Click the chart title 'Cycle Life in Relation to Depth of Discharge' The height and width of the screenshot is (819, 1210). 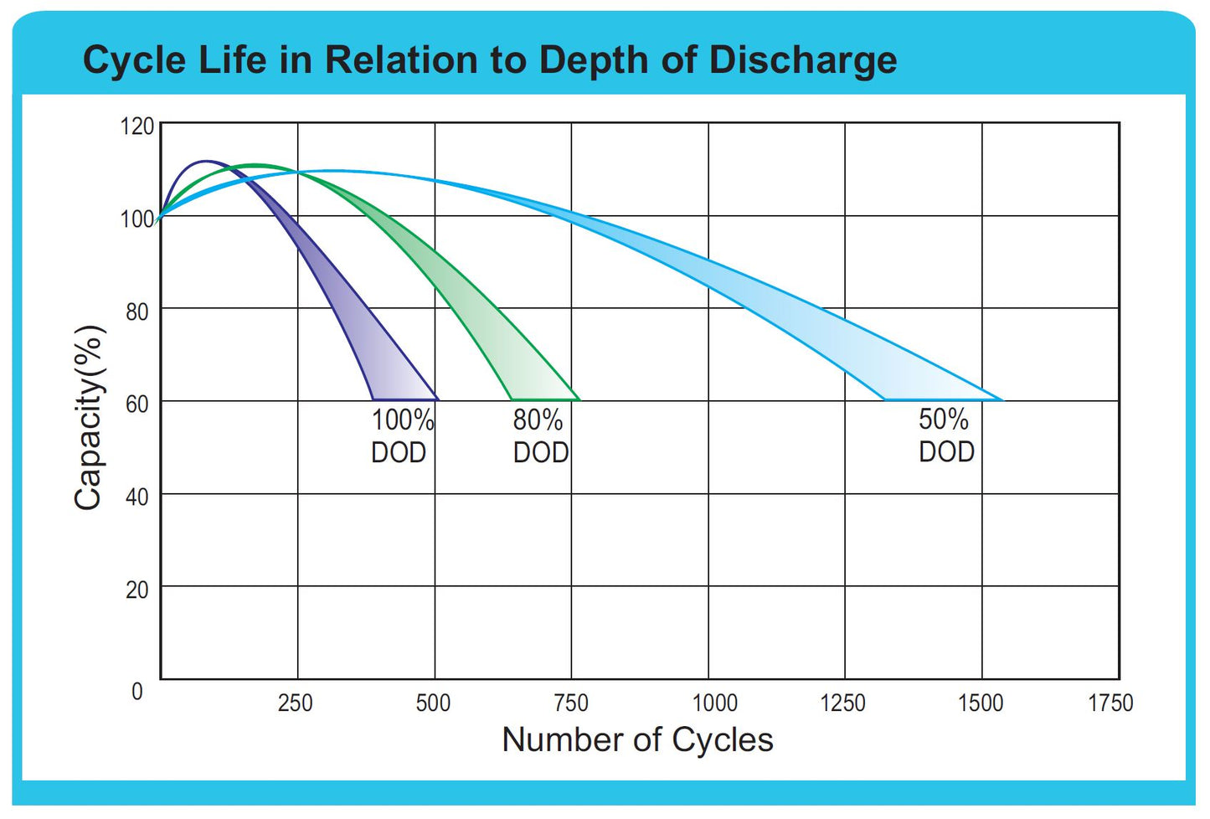(490, 60)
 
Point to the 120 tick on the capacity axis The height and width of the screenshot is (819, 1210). (137, 126)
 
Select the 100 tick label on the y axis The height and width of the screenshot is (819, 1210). (137, 219)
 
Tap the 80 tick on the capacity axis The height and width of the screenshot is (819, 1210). (137, 312)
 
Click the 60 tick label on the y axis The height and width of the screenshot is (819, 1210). (137, 404)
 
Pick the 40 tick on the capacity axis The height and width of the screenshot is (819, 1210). (137, 497)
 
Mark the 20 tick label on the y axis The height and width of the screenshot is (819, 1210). (137, 590)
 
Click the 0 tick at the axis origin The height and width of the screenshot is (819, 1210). (137, 692)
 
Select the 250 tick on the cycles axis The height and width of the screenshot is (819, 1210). (295, 703)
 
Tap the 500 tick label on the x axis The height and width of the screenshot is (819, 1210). (433, 703)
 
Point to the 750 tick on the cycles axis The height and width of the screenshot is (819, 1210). (571, 703)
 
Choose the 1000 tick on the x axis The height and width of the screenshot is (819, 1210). (714, 703)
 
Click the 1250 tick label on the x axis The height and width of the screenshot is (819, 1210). (842, 703)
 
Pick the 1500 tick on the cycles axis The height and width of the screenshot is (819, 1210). (981, 703)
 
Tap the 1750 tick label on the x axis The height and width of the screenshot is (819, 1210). (1110, 703)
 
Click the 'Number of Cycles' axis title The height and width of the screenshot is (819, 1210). (637, 740)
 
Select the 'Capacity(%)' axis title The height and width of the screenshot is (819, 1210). (90, 417)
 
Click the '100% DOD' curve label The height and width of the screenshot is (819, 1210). (402, 435)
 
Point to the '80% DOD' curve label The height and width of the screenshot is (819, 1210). (540, 435)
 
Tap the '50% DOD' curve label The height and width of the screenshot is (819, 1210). (946, 435)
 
